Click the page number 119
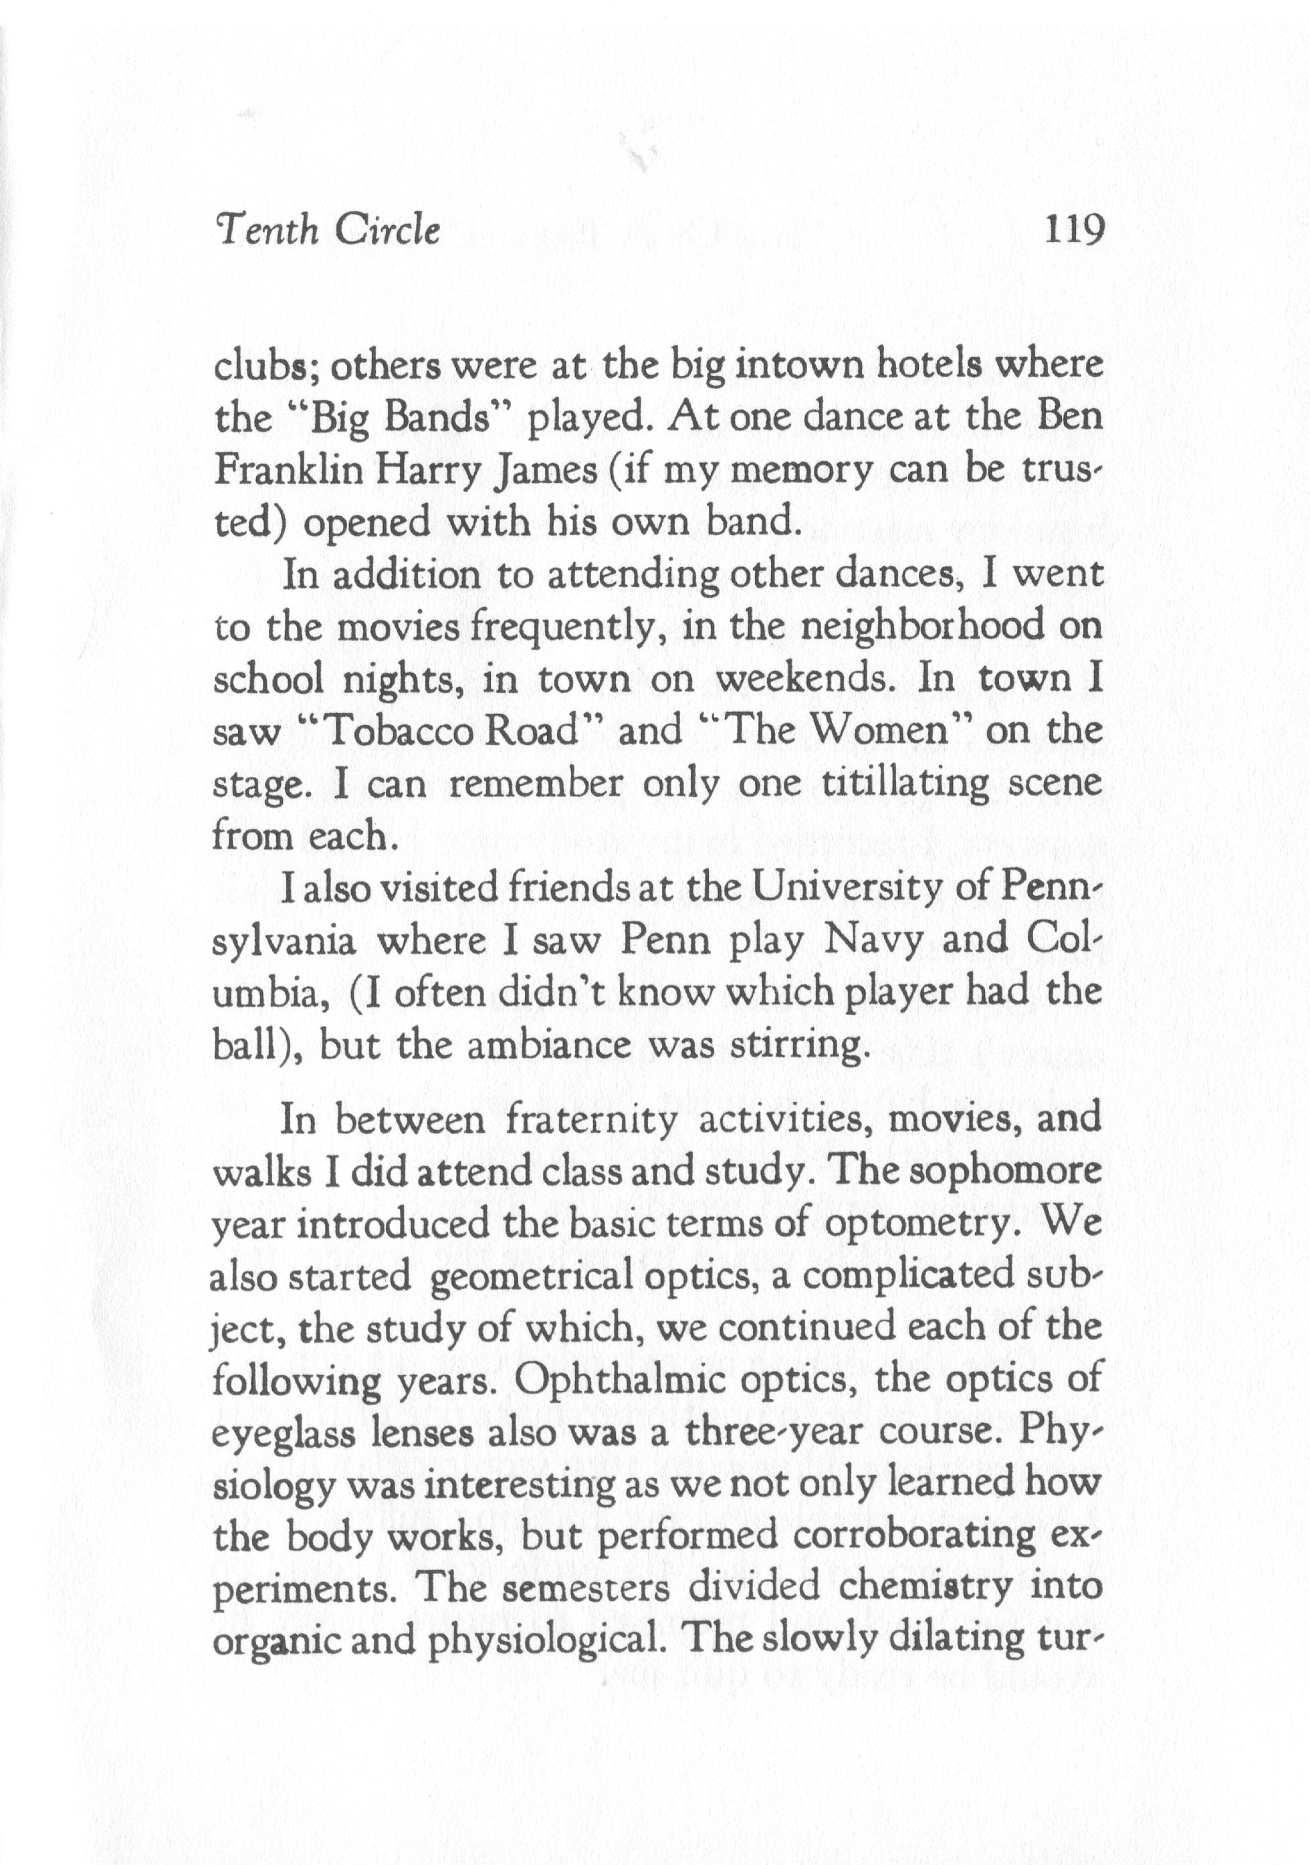[x=1074, y=231]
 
